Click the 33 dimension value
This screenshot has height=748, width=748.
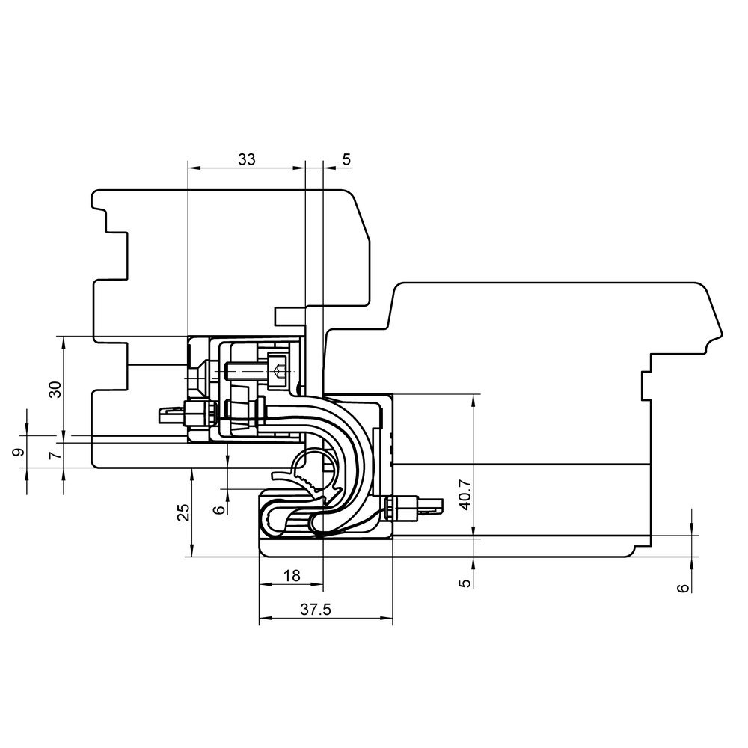click(x=247, y=159)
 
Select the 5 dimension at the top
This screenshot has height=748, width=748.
click(x=346, y=159)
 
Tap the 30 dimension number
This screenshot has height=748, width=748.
click(x=56, y=390)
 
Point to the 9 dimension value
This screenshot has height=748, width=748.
click(x=18, y=453)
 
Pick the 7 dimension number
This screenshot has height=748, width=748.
click(x=56, y=455)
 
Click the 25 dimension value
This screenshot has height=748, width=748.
click(x=184, y=512)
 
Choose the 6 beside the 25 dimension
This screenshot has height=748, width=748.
click(x=219, y=509)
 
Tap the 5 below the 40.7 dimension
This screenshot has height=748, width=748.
click(x=467, y=583)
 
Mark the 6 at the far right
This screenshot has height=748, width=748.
click(x=684, y=588)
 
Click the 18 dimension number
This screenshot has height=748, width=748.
click(x=292, y=576)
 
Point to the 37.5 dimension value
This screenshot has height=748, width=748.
click(x=316, y=609)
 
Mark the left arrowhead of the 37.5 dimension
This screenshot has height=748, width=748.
click(x=266, y=619)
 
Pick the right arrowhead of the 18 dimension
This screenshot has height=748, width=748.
click(x=317, y=584)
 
